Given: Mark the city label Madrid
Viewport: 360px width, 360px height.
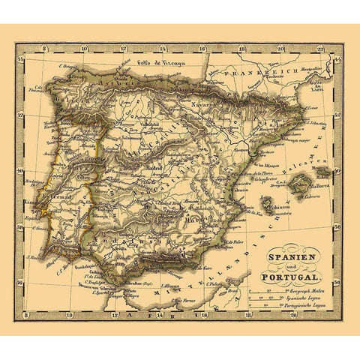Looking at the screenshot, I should point(154,167).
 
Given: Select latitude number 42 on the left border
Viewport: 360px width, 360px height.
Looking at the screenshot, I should point(21,130).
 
